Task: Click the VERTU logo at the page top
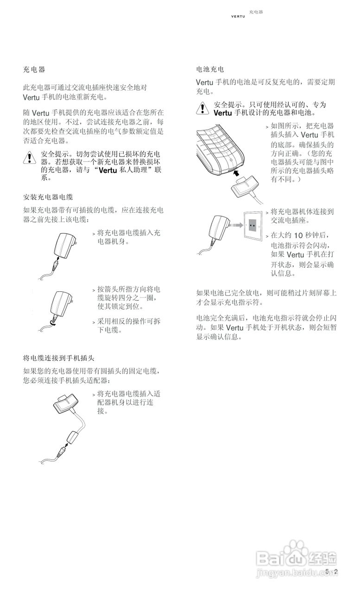pos(238,17)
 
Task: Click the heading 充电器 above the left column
pos(34,69)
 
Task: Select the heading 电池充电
pos(210,69)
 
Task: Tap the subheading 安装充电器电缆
pos(48,197)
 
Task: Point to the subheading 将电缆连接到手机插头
pos(59,358)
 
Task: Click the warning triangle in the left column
pos(29,158)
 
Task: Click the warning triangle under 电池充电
pos(202,108)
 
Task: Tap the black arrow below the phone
pos(237,174)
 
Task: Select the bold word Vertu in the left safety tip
pos(105,170)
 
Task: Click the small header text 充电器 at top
pos(256,12)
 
